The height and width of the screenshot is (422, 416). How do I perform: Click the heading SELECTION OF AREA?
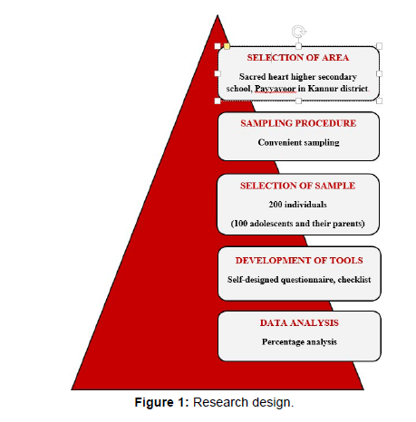[x=298, y=57]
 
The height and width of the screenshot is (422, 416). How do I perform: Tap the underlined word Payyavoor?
[x=276, y=89]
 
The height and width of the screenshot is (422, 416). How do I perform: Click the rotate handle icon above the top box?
[x=298, y=31]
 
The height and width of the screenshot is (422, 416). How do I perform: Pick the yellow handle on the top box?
[x=227, y=46]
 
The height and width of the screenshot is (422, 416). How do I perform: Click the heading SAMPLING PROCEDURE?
[x=298, y=123]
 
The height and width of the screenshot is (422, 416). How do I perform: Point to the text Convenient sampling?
[x=298, y=142]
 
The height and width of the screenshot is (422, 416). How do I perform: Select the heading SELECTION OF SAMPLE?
[x=297, y=186]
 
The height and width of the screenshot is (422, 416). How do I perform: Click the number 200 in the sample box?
[x=276, y=205]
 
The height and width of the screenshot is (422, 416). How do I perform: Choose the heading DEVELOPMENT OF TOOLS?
[x=299, y=260]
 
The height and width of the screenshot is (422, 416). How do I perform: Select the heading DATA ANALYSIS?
[x=299, y=322]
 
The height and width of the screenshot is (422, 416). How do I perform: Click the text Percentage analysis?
[x=299, y=342]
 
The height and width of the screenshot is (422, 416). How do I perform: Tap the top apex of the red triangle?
[x=218, y=15]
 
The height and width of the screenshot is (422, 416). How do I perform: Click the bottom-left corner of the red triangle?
[x=72, y=389]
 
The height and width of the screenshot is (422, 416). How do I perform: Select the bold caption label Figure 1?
[x=161, y=402]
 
